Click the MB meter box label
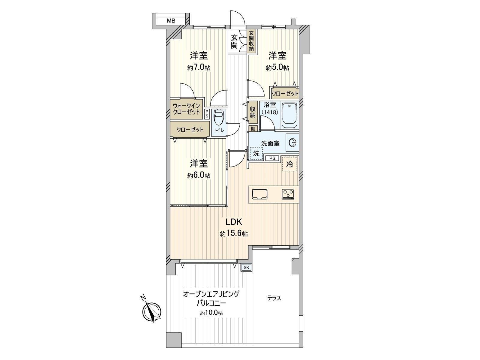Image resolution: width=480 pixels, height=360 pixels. click(x=171, y=21)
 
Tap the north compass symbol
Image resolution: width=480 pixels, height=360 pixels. click(x=151, y=312)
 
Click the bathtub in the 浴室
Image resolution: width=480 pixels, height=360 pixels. click(x=289, y=115)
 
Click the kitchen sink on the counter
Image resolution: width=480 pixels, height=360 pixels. click(x=259, y=194)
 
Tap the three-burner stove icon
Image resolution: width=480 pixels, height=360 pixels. click(x=288, y=194)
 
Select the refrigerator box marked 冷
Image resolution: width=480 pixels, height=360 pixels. click(x=289, y=164)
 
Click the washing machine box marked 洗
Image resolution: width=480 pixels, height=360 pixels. click(x=256, y=153)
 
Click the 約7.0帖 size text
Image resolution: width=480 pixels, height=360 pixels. click(x=199, y=68)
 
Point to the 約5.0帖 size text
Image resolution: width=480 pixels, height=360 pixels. click(x=277, y=68)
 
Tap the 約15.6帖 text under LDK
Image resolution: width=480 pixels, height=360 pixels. click(x=234, y=234)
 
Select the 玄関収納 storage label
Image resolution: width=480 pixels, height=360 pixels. click(x=251, y=41)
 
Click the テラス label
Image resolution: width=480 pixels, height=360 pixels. click(x=274, y=298)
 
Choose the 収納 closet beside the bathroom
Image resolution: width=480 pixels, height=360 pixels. click(x=253, y=111)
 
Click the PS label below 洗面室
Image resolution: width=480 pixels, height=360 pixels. click(x=272, y=158)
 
